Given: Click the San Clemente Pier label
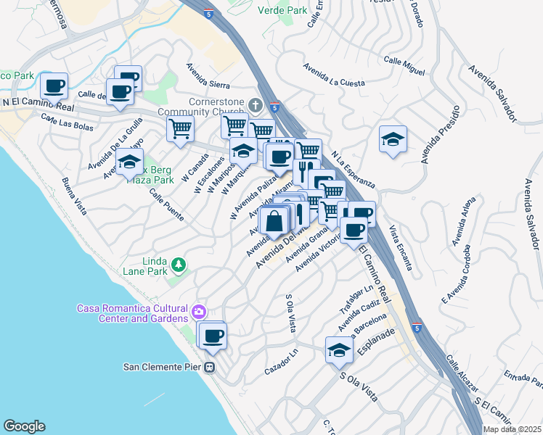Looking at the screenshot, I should [160, 366].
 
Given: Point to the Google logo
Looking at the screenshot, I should [23, 426].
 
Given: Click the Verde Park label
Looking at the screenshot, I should [282, 10].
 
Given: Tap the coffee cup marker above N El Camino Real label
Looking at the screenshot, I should [54, 86].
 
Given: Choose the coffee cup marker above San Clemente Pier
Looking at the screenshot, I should [213, 336].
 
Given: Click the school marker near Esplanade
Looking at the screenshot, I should [339, 351].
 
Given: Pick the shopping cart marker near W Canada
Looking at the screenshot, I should [180, 129].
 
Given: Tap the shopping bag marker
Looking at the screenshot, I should [274, 220].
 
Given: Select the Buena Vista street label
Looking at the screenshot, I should [74, 196].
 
